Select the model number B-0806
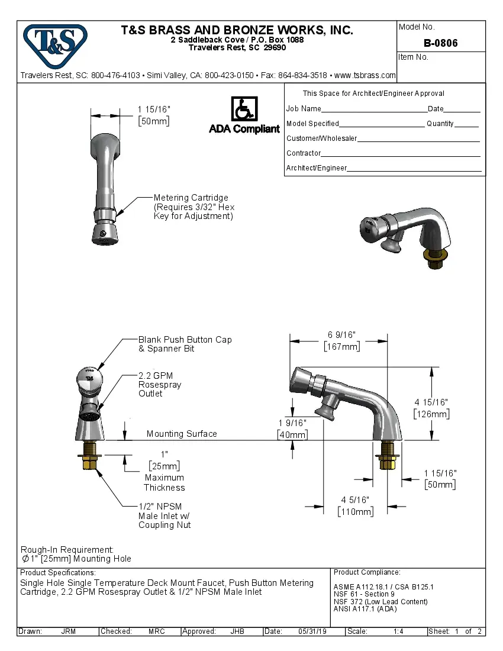point(441,43)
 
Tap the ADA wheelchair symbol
point(243,110)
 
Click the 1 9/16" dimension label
point(292,423)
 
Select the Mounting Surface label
point(182,434)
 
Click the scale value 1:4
point(398,631)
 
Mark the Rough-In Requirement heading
point(67,549)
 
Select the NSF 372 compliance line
point(381,601)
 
